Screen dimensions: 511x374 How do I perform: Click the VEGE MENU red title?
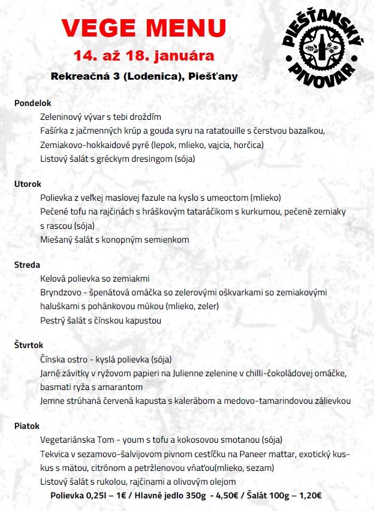pyautogui.click(x=144, y=29)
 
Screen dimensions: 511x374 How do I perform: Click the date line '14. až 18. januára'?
pyautogui.click(x=144, y=56)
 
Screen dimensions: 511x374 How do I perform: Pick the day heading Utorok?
pyautogui.click(x=28, y=184)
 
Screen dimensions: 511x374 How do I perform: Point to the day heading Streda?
pyautogui.click(x=27, y=265)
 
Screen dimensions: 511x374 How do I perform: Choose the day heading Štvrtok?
pyautogui.click(x=29, y=345)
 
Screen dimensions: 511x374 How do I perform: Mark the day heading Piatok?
pyautogui.click(x=26, y=426)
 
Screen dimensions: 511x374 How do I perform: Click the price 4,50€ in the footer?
pyautogui.click(x=233, y=496)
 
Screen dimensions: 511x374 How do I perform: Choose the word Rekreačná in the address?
pyautogui.click(x=76, y=76)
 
